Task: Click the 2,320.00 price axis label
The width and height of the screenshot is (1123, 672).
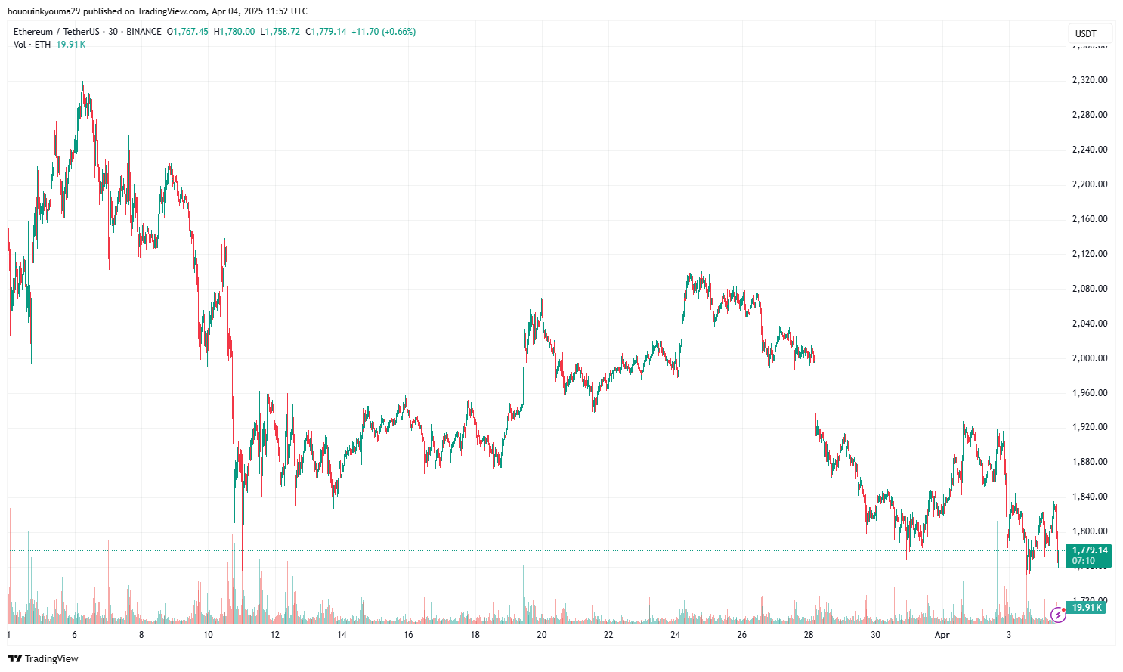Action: coord(1089,80)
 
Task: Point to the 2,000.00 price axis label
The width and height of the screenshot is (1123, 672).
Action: coord(1089,358)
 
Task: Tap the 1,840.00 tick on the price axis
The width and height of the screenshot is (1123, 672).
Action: coord(1089,497)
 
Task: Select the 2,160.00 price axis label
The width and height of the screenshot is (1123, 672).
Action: coord(1089,219)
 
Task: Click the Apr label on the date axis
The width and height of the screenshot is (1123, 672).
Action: coord(942,635)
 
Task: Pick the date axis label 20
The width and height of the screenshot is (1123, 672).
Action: coord(542,635)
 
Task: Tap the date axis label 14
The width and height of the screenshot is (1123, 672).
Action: coord(342,635)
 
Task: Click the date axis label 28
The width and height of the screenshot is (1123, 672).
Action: coord(809,635)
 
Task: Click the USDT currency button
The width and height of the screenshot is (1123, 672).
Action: coord(1086,33)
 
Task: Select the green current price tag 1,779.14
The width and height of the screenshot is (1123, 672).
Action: coord(1089,550)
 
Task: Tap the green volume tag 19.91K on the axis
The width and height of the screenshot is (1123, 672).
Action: coord(1087,608)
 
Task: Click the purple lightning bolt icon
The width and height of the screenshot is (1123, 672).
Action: coord(1058,616)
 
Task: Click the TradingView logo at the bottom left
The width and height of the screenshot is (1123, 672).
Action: coord(43,658)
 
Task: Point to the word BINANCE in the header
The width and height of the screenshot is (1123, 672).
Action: coord(144,32)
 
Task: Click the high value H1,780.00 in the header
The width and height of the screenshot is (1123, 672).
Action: coord(234,32)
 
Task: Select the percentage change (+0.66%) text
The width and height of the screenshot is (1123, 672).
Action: coord(398,32)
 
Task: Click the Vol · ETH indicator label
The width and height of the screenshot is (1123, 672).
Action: coord(32,45)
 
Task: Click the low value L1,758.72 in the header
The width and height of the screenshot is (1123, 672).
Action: coord(280,32)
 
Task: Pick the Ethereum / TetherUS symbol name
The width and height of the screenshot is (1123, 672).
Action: coord(57,32)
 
